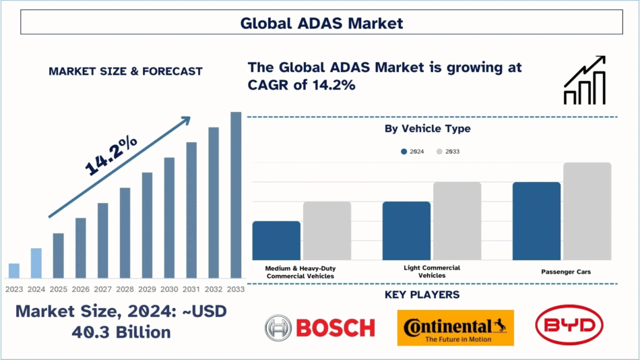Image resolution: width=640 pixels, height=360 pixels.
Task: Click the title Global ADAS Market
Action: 321,24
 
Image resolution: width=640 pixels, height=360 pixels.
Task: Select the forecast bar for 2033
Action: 236,195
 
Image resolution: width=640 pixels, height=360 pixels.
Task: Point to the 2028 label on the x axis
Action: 125,289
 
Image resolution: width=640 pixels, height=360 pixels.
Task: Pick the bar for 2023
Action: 14,270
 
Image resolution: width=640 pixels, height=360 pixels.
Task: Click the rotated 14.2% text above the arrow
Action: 110,156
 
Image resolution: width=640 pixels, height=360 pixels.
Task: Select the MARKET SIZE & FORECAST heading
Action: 125,71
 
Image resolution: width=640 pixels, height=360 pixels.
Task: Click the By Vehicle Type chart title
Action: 427,128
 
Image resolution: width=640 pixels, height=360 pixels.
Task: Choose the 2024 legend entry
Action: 412,152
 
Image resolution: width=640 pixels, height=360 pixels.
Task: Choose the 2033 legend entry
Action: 447,152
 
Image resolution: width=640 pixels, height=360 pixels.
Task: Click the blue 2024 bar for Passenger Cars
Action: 536,221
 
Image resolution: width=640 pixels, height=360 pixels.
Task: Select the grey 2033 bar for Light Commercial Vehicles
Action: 457,221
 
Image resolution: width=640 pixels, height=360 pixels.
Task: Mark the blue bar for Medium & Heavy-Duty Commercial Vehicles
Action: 276,241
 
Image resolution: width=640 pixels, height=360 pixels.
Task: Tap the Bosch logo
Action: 320,328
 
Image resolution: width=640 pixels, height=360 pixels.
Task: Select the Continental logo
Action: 455,328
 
